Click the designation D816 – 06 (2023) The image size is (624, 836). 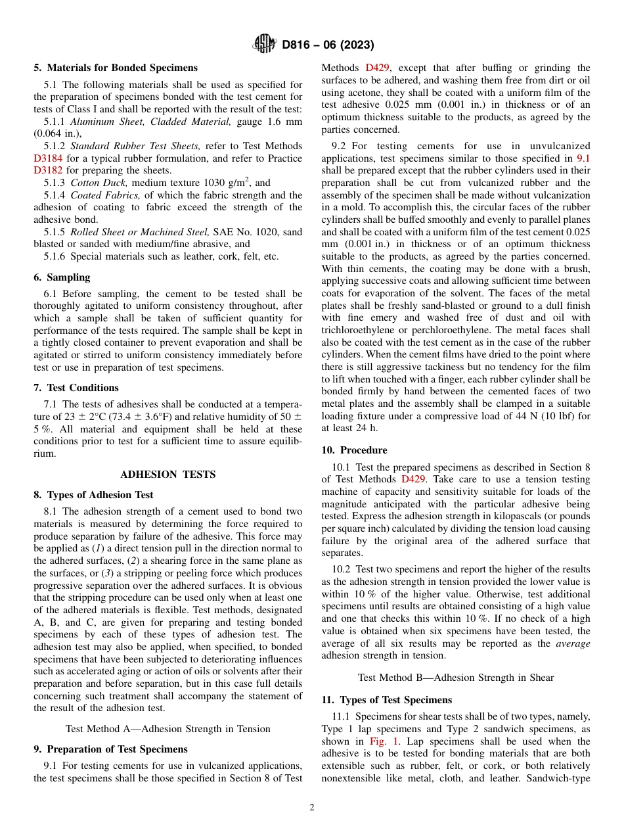[x=328, y=45]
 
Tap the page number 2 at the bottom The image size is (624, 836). [x=312, y=808]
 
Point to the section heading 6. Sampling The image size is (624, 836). [x=62, y=277]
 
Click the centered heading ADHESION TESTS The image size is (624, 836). [x=168, y=474]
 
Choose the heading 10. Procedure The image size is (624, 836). [x=354, y=450]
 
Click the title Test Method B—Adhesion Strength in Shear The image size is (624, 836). [x=456, y=678]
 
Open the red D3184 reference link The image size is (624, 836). [x=47, y=158]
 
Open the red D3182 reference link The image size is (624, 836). [x=47, y=170]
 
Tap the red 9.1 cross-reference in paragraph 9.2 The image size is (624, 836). [x=583, y=158]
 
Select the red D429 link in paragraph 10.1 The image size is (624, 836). [x=413, y=479]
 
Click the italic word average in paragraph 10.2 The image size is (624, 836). [x=573, y=643]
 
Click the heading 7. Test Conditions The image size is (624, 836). [x=76, y=388]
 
